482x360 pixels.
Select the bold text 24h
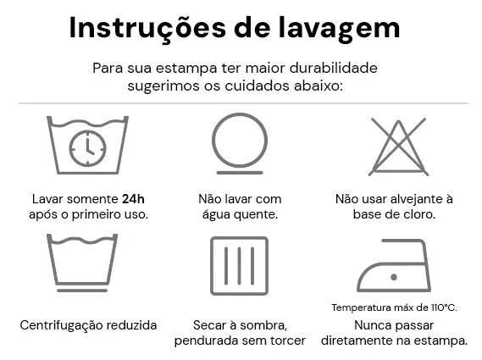tap(134, 198)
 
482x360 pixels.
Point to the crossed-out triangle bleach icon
tap(398, 145)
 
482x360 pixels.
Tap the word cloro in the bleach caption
tap(418, 214)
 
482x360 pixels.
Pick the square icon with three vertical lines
tap(239, 265)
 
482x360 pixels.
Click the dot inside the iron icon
tap(392, 276)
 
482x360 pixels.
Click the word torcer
tap(285, 341)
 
